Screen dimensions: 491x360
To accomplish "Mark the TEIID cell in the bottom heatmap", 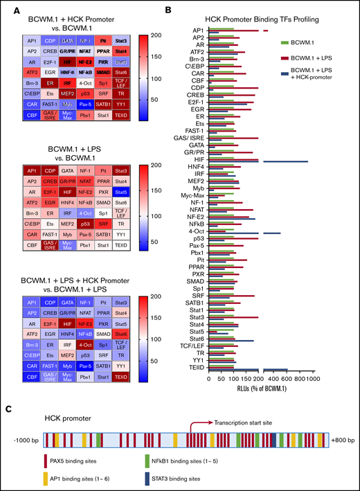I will (x=121, y=377).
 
